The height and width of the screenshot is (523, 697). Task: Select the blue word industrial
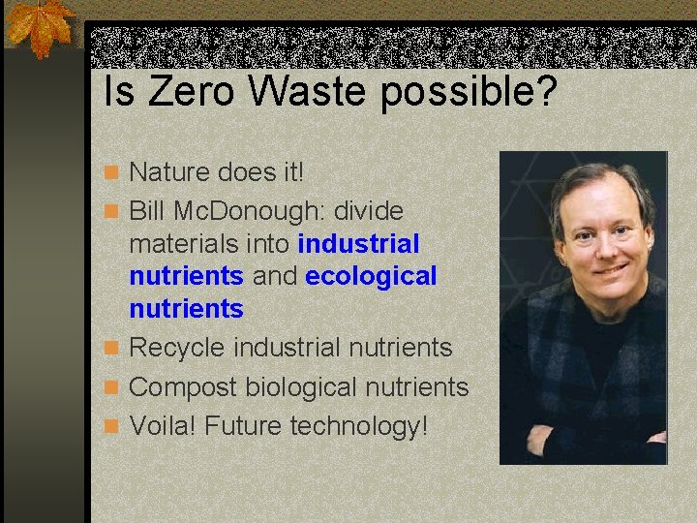[359, 243]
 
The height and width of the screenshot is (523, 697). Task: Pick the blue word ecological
[371, 276]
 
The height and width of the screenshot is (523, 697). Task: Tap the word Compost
[183, 387]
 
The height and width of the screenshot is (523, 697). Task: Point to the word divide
[369, 210]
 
